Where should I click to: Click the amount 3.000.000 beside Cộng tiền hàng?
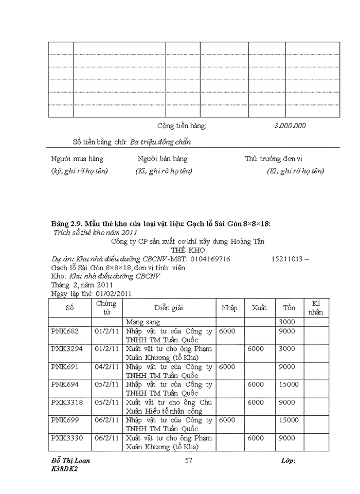(290, 126)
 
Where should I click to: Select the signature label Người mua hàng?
(77, 158)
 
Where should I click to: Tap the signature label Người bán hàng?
(163, 158)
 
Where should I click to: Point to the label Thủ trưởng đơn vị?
(277, 158)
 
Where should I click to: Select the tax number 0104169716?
(211, 259)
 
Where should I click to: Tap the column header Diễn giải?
(169, 308)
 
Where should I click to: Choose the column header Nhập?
(229, 308)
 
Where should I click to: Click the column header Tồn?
(289, 308)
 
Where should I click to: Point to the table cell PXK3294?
(67, 349)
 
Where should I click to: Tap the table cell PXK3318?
(67, 402)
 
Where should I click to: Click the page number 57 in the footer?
(188, 461)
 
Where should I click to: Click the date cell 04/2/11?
(107, 367)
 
